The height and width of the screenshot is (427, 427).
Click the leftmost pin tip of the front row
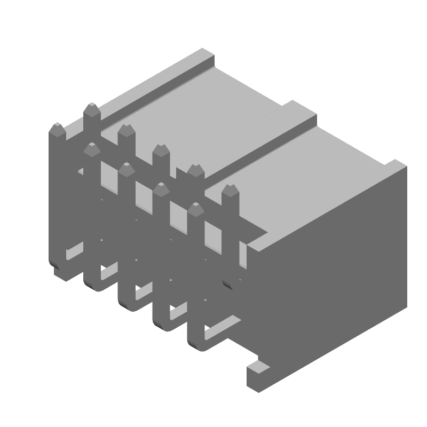point(57,129)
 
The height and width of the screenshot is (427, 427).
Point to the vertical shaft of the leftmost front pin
point(57,197)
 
